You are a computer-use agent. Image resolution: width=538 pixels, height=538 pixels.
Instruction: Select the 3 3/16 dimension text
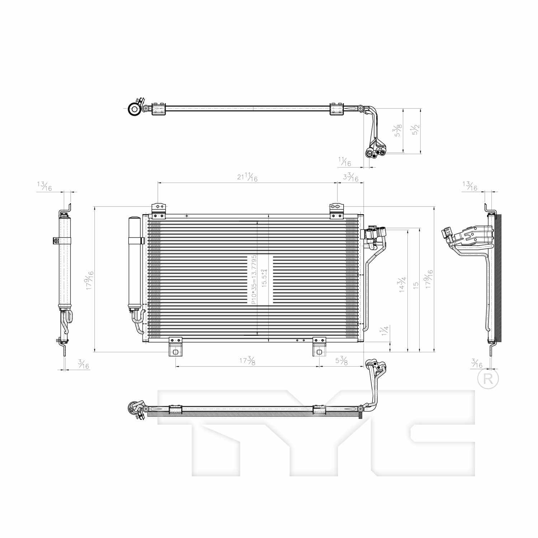350,177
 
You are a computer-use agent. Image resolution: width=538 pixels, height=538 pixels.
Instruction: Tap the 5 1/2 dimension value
416,129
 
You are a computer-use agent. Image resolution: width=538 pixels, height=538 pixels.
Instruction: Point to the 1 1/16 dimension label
344,162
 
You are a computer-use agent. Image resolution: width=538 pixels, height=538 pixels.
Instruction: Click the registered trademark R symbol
488,379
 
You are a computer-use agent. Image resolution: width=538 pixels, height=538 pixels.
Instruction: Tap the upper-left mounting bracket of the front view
159,211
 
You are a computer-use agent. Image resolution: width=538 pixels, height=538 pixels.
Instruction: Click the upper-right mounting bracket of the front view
337,211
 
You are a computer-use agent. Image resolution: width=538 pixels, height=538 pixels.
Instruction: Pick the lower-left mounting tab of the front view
175,347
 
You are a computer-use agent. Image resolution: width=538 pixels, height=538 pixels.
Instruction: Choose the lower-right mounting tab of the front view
319,347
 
